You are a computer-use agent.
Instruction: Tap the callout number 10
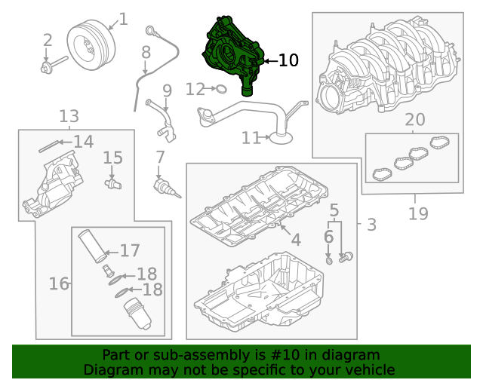coord(288,60)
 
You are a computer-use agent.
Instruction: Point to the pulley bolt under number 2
coord(54,64)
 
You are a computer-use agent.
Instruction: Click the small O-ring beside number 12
coord(221,89)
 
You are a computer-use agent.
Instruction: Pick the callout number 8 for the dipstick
coord(146,52)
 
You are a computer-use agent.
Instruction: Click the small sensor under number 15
coord(113,184)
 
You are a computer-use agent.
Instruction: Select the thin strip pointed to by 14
coord(49,146)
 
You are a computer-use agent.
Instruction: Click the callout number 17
coord(130,250)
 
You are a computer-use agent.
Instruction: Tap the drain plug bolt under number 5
coord(346,257)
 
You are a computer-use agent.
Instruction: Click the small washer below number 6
coord(329,262)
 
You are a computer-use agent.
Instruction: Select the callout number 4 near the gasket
coord(296,240)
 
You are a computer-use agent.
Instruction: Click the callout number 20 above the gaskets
coord(415,119)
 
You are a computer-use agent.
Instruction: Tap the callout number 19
coord(418,213)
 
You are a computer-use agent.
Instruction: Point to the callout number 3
coord(372,225)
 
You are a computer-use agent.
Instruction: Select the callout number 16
coord(59,283)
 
